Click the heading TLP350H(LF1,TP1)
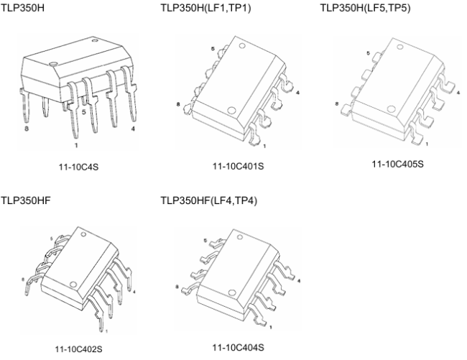pyautogui.click(x=205, y=8)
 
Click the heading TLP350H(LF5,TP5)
pyautogui.click(x=365, y=8)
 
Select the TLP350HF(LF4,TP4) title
pyautogui.click(x=209, y=200)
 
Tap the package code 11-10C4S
pyautogui.click(x=78, y=167)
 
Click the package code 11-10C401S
pyautogui.click(x=238, y=166)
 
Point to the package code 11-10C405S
pyautogui.click(x=397, y=164)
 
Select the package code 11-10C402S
pyautogui.click(x=78, y=349)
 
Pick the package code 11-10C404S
pyautogui.click(x=238, y=348)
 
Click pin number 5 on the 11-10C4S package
pyautogui.click(x=83, y=112)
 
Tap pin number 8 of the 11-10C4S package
pyautogui.click(x=27, y=129)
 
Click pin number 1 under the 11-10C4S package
pyautogui.click(x=76, y=145)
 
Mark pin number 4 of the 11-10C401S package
pyautogui.click(x=297, y=93)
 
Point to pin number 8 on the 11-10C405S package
pyautogui.click(x=337, y=104)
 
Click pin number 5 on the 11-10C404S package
pyautogui.click(x=205, y=241)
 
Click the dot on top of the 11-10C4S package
pyautogui.click(x=54, y=63)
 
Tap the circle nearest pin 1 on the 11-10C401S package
pyautogui.click(x=231, y=111)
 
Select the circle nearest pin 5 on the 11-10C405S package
pyautogui.click(x=400, y=47)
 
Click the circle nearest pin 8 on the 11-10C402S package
pyautogui.click(x=73, y=284)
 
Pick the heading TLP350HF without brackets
pyautogui.click(x=26, y=200)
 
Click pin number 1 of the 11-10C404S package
pyautogui.click(x=271, y=327)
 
